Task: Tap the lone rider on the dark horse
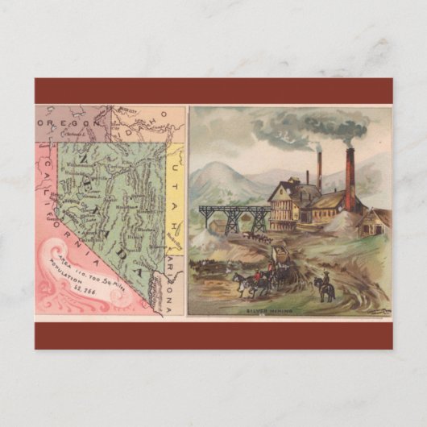coord(326,286)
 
